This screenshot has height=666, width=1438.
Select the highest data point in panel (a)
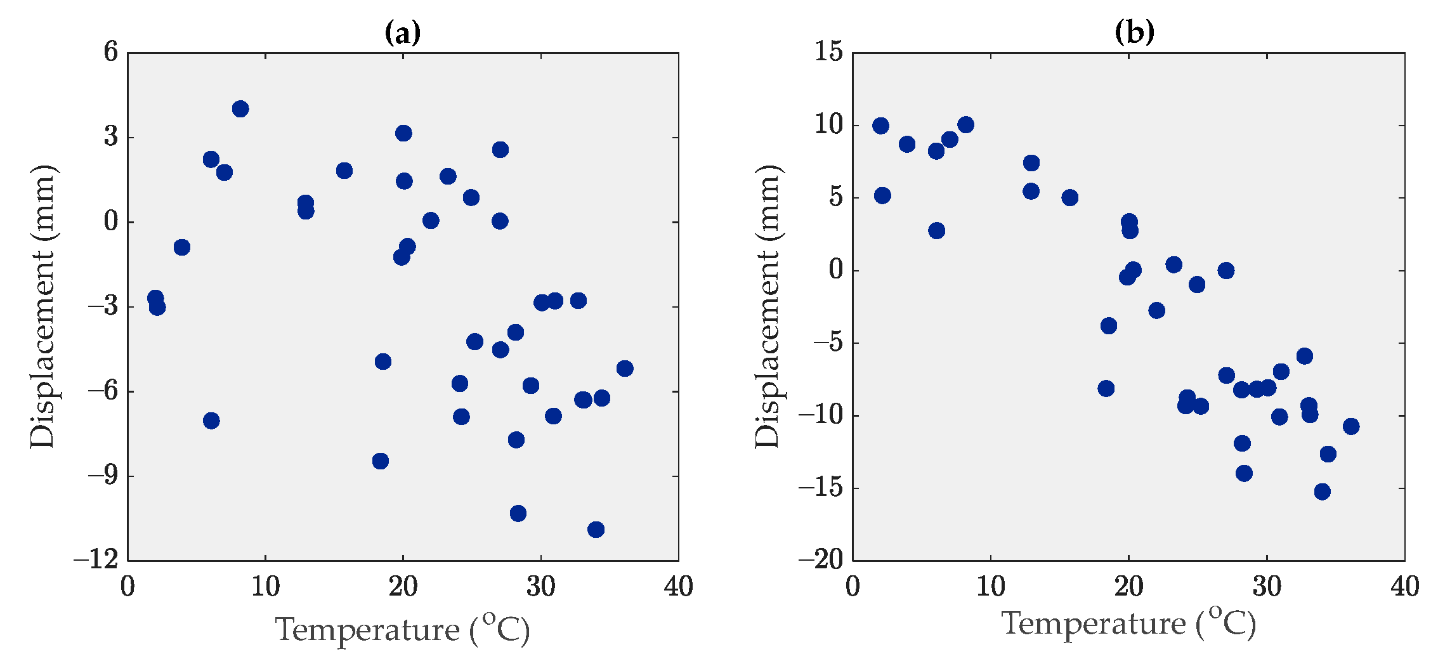pos(240,109)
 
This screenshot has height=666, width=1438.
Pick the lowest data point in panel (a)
pos(596,530)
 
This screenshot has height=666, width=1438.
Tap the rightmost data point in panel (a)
pos(625,369)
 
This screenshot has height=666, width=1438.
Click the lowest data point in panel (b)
pos(1322,492)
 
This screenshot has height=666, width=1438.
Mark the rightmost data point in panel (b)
pos(1351,426)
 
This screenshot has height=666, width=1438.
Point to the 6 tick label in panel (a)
pos(111,52)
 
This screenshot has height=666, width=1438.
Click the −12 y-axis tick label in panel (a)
pos(96,561)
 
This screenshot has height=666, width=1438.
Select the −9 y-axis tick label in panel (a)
pos(103,476)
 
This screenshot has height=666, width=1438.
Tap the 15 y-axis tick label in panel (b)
pos(829,52)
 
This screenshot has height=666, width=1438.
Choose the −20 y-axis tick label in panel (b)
pos(821,561)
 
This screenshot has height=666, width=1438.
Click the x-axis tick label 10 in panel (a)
pos(265,587)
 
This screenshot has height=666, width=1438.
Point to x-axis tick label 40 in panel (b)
pos(1404,587)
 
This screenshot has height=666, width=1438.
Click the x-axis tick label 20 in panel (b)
pos(1128,587)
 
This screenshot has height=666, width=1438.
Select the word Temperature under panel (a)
pos(367,630)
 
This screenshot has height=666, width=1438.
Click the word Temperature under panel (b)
pos(1094,624)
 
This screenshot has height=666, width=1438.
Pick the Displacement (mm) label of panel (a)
pos(43,307)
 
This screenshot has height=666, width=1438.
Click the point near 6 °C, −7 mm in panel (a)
pos(211,421)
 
